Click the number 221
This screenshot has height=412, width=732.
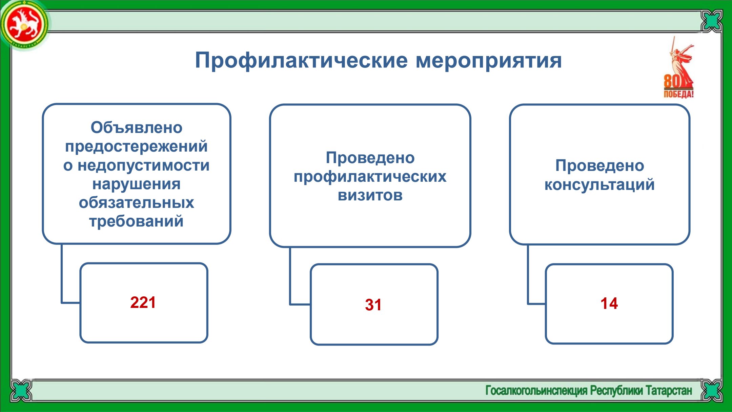click(x=143, y=302)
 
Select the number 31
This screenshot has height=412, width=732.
click(x=373, y=305)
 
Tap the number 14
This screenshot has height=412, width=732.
click(x=609, y=303)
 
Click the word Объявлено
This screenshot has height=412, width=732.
click(x=137, y=128)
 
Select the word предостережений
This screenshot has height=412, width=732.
click(x=136, y=146)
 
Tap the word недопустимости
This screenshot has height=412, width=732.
click(x=144, y=165)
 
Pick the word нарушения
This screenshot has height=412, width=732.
click(x=137, y=184)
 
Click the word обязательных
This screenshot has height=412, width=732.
click(x=137, y=203)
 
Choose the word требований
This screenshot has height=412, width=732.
click(x=136, y=221)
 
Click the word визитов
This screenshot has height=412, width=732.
click(x=370, y=195)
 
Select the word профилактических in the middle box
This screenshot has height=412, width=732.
click(x=370, y=177)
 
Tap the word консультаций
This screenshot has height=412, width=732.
click(x=599, y=185)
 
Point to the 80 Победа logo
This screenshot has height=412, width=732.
click(x=679, y=68)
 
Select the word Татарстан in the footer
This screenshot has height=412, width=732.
click(x=669, y=391)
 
